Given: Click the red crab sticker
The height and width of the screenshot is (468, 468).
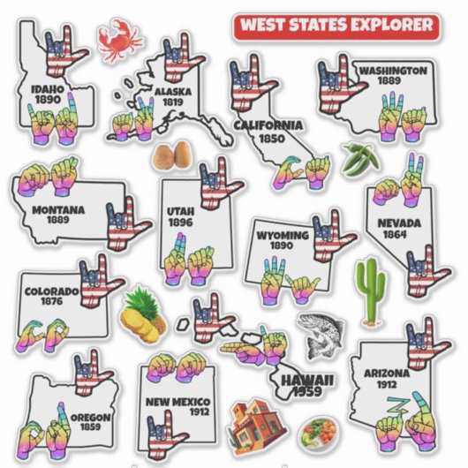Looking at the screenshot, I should (119, 41).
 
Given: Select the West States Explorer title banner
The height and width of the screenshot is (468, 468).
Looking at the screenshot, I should (336, 25).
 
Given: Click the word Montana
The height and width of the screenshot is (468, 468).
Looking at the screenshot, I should (58, 210).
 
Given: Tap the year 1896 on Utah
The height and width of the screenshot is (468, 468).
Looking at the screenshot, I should (180, 223).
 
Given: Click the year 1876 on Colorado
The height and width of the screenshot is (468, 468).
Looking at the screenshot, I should (52, 302).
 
